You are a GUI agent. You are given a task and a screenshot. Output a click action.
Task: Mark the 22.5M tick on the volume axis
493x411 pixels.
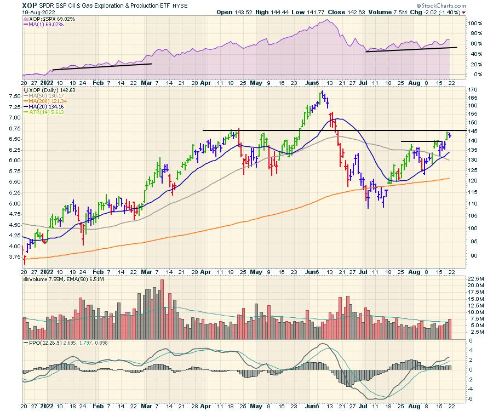click(475, 279)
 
